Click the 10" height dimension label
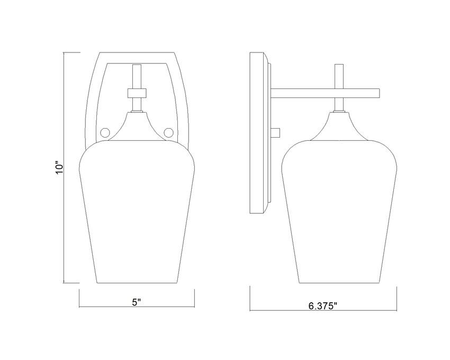tap(59, 168)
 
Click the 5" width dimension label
tap(137, 302)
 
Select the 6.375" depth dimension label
tap(322, 306)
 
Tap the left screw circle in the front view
tap(105, 133)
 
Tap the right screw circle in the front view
tap(168, 133)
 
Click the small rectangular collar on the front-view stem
tap(137, 93)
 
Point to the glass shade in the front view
tap(137, 212)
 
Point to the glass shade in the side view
tap(339, 212)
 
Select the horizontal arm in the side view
tap(326, 93)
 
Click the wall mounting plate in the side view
tap(260, 133)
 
